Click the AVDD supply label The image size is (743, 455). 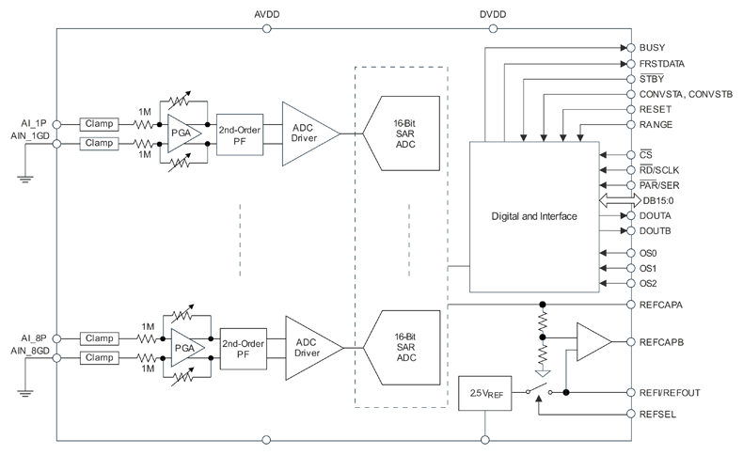point(267,15)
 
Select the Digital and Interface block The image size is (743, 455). point(533,216)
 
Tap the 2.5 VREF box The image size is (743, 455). point(483,391)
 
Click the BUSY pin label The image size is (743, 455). point(652,47)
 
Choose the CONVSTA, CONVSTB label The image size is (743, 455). point(684,95)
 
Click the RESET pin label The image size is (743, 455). point(656,110)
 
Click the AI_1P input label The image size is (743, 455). point(32,123)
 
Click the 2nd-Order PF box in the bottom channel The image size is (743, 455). point(242,350)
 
